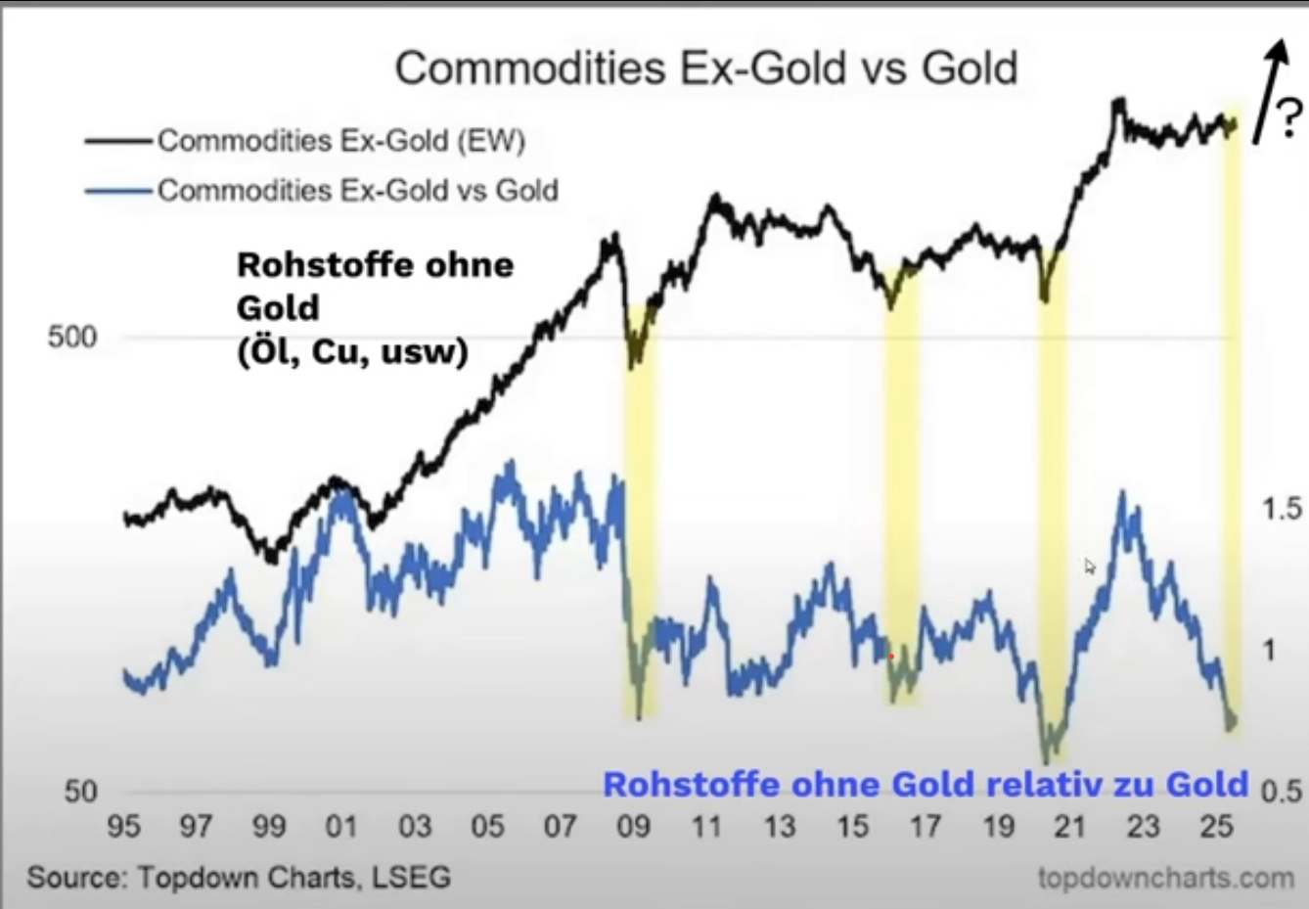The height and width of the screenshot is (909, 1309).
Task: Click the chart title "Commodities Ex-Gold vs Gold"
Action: click(x=705, y=68)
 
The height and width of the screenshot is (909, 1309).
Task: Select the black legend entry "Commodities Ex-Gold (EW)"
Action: click(x=340, y=141)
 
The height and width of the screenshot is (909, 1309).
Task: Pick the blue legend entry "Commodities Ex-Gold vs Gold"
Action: click(x=357, y=190)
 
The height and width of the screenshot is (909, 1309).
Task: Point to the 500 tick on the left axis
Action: click(x=72, y=338)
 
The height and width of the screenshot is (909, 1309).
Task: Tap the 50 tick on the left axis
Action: click(x=81, y=791)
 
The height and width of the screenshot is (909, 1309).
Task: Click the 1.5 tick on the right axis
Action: click(x=1283, y=509)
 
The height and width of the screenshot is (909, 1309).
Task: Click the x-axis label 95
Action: click(x=123, y=827)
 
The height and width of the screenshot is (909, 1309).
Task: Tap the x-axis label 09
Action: click(x=633, y=827)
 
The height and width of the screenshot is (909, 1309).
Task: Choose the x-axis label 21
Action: click(x=1070, y=827)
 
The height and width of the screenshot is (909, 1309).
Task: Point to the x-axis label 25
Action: click(x=1216, y=827)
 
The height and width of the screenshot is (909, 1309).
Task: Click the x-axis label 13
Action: click(x=780, y=827)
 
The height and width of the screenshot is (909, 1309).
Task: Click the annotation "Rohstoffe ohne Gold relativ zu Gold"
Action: click(x=925, y=785)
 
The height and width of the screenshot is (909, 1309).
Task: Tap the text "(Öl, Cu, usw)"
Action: click(x=352, y=351)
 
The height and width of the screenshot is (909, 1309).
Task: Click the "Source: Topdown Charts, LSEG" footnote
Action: click(x=239, y=877)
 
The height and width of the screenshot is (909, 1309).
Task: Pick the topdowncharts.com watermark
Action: click(x=1165, y=878)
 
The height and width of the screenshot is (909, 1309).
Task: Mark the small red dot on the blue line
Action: click(x=891, y=657)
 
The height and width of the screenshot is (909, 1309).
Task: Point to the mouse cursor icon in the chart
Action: click(x=1090, y=567)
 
